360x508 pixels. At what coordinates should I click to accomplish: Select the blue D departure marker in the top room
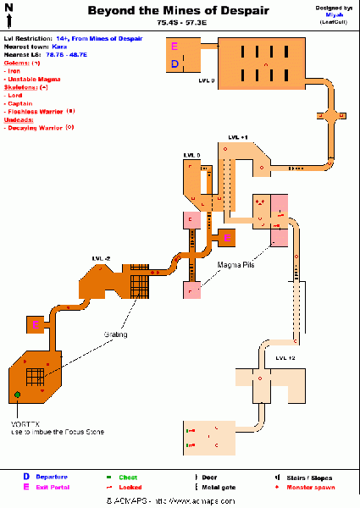coord(174,63)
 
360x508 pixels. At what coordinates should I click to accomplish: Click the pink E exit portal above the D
coord(174,47)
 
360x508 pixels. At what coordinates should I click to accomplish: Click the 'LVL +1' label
coord(238,135)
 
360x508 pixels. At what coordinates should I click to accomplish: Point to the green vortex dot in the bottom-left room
coord(17,395)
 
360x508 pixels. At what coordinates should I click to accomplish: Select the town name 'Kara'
coord(58,47)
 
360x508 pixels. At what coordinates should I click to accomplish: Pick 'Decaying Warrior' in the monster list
coord(36,127)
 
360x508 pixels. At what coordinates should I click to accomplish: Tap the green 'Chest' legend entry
coord(128,478)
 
